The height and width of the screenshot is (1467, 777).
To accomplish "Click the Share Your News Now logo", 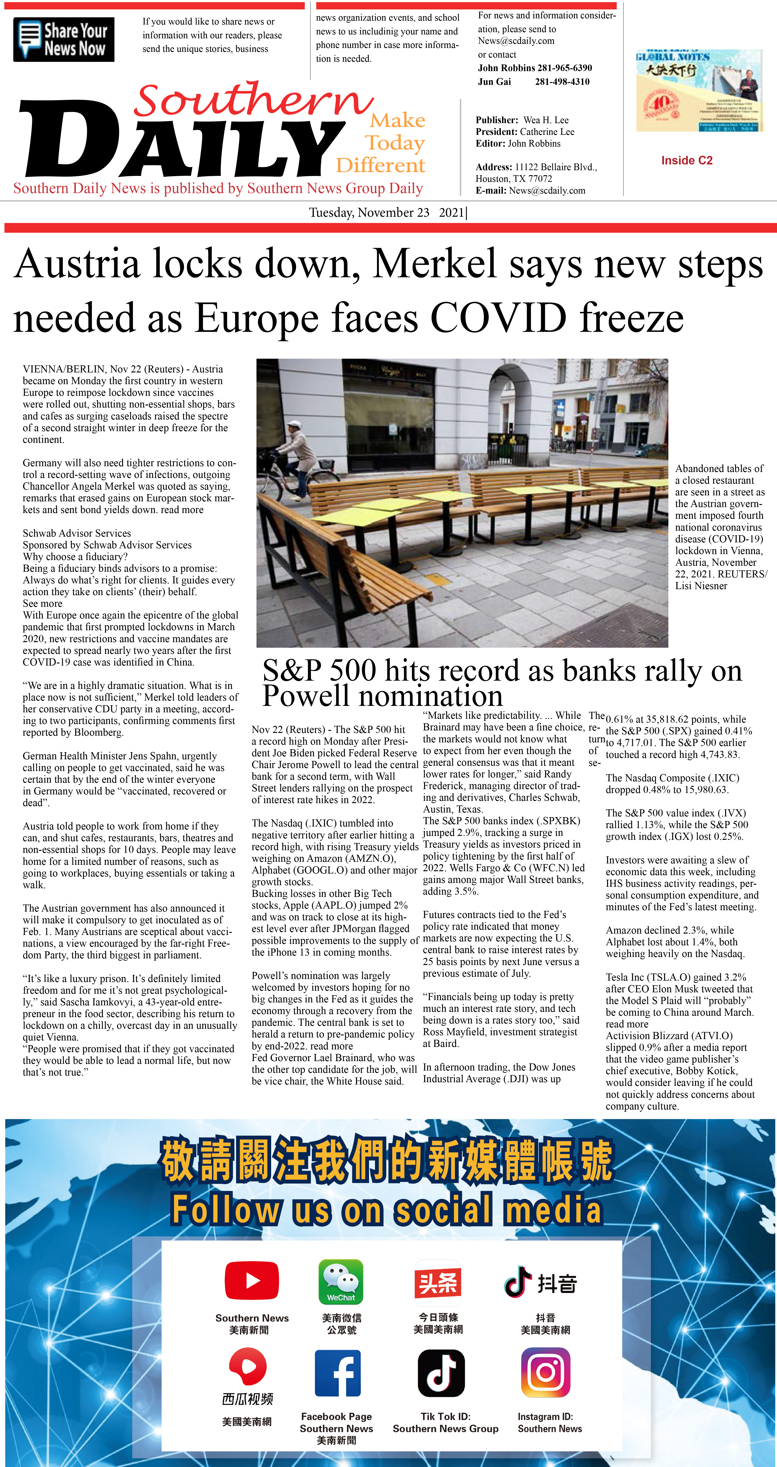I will click(63, 39).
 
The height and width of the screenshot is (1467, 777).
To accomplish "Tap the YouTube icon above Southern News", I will click(252, 1280).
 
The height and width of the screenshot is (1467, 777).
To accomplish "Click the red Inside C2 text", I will click(686, 161).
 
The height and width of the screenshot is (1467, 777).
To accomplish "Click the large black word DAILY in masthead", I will click(182, 139).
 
